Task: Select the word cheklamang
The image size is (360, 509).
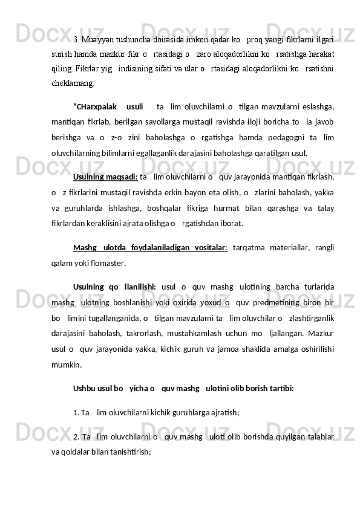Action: click(71, 84)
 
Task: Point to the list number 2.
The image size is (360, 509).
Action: click(76, 436)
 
